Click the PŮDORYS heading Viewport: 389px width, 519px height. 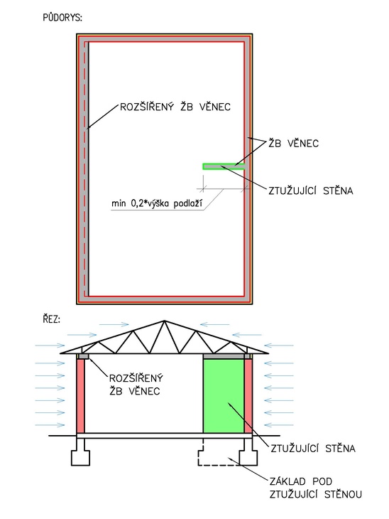tap(62, 17)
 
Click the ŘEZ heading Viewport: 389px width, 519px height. tap(51, 319)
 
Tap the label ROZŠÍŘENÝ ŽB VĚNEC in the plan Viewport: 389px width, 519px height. tap(175, 107)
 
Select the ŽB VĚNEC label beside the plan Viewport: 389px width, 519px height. tap(293, 143)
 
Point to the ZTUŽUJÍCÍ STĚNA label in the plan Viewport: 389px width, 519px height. tap(310, 191)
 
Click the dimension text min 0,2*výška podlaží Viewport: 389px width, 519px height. tap(156, 203)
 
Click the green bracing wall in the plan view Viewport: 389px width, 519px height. tap(224, 166)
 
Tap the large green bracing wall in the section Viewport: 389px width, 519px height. tap(224, 396)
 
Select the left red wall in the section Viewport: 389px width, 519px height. tap(80, 396)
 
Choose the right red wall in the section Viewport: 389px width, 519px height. tap(248, 396)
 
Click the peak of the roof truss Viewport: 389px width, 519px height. tap(164, 321)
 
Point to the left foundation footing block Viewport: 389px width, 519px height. tap(80, 452)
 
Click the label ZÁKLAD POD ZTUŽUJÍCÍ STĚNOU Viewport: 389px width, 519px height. tap(315, 488)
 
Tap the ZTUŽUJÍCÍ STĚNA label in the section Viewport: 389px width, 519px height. tap(312, 448)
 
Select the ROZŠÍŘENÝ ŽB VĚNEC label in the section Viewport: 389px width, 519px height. tap(136, 385)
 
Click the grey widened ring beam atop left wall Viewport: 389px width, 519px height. tap(83, 356)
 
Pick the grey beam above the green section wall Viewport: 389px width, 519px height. tap(224, 356)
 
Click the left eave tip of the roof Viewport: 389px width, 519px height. tap(60, 353)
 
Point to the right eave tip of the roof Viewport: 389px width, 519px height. tap(268, 353)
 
